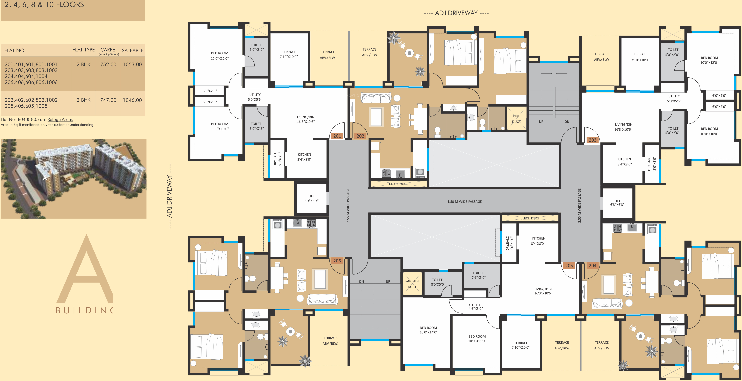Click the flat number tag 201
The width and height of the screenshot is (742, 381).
pyautogui.click(x=337, y=136)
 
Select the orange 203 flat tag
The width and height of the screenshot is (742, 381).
pyautogui.click(x=592, y=140)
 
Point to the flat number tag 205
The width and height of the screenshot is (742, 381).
pyautogui.click(x=569, y=265)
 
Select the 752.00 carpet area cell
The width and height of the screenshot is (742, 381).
pyautogui.click(x=108, y=64)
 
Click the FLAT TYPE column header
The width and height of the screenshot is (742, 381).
pyautogui.click(x=83, y=50)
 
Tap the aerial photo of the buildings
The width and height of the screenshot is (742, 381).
pyautogui.click(x=73, y=179)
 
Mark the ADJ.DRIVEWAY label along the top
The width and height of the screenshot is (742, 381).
pyautogui.click(x=456, y=13)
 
